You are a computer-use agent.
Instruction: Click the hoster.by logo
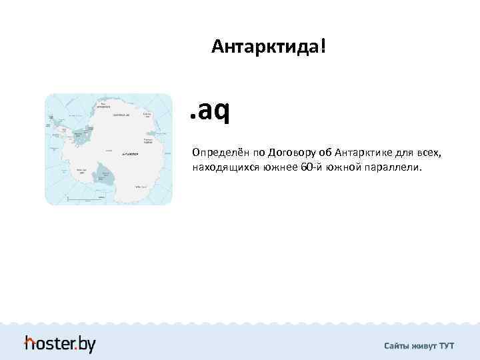click(x=60, y=343)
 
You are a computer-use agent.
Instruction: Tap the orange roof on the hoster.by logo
click(x=30, y=341)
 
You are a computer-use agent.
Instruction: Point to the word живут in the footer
click(x=425, y=345)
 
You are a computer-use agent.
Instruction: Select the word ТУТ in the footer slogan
click(x=447, y=345)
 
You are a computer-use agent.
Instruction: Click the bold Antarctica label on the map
click(x=129, y=153)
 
